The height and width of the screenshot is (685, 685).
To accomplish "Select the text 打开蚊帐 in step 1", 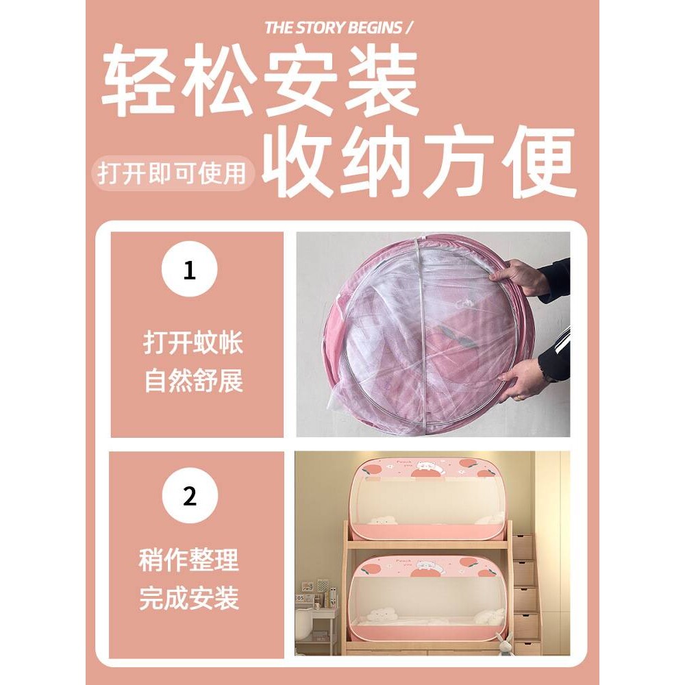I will pyautogui.click(x=193, y=343).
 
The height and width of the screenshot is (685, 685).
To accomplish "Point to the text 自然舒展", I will pyautogui.click(x=193, y=381).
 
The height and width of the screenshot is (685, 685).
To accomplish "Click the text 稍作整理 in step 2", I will pyautogui.click(x=189, y=561).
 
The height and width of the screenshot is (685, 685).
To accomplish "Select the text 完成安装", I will pyautogui.click(x=189, y=599).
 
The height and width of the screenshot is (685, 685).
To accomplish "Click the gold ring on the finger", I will pyautogui.click(x=519, y=395).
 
